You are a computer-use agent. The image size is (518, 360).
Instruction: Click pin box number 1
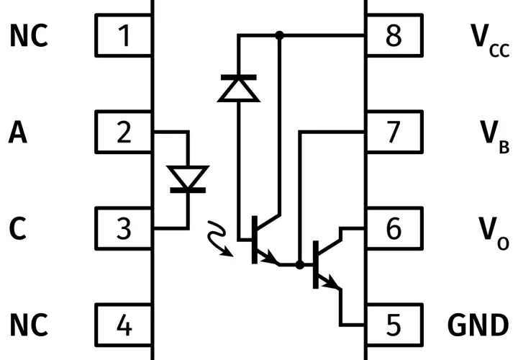click(124, 35)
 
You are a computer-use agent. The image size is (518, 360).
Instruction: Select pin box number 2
click(124, 132)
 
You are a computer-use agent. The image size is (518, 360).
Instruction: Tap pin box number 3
click(124, 228)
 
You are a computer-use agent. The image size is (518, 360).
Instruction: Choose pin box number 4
click(124, 325)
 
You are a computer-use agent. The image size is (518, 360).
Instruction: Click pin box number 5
click(394, 325)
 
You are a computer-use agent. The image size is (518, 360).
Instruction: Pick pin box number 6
click(394, 228)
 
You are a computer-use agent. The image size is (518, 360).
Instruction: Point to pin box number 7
click(394, 132)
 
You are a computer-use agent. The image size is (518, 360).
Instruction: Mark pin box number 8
click(394, 35)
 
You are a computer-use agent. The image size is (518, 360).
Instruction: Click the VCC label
click(490, 40)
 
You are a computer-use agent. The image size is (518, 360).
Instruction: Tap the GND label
click(478, 325)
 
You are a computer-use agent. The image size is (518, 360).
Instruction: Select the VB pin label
click(494, 137)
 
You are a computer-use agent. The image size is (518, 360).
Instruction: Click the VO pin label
click(494, 233)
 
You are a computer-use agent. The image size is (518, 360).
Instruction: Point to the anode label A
click(17, 132)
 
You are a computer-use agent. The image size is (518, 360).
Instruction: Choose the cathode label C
click(17, 228)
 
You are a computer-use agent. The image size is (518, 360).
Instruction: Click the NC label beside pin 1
click(29, 35)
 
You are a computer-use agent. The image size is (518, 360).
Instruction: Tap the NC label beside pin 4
click(29, 325)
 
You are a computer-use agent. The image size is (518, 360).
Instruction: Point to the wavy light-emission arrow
click(219, 238)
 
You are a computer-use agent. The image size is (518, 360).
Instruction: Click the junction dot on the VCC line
click(279, 35)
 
